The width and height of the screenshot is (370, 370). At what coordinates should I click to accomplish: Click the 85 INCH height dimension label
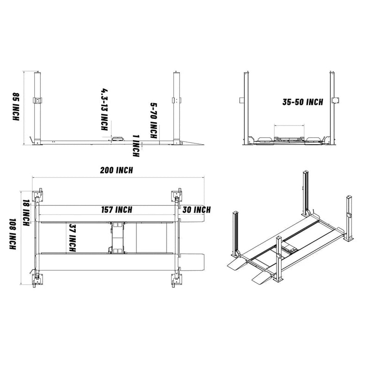pos(15,107)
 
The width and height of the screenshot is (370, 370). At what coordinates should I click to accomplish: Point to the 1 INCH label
pos(135,145)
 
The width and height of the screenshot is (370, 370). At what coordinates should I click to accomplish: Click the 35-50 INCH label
pos(303,102)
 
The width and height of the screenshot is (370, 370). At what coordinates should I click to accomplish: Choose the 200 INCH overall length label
pos(117,170)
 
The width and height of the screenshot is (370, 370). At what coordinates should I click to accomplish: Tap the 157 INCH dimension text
pos(117,210)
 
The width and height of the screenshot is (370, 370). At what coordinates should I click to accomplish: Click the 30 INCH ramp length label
pos(196,210)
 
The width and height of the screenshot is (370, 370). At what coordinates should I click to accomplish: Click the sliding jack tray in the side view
pos(117,137)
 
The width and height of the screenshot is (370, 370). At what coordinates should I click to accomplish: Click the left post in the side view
pos(37,106)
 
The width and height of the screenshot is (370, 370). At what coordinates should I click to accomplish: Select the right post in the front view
pos(333,106)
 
